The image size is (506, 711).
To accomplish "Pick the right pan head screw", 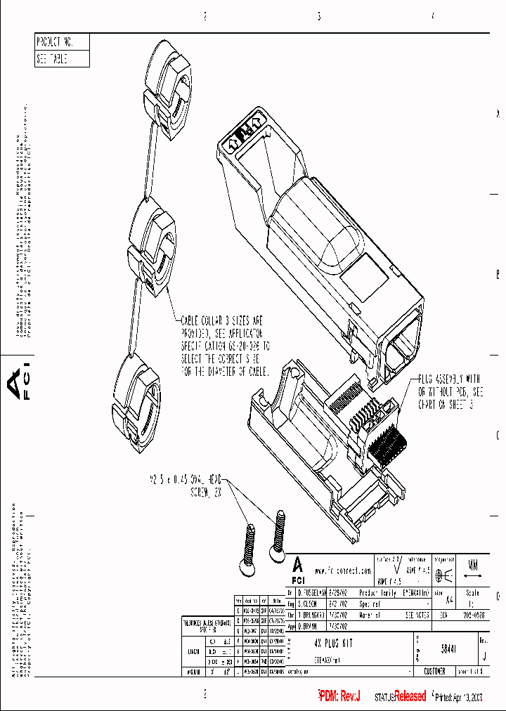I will (280, 531).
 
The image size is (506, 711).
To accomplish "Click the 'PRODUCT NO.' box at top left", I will (62, 41).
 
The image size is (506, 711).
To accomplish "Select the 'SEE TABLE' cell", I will (62, 59).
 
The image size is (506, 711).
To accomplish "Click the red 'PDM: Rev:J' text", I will (339, 696).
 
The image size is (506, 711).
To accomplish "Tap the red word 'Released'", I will (410, 696).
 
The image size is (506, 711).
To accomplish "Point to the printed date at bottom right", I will (460, 697).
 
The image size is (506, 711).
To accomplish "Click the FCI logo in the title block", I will (299, 570).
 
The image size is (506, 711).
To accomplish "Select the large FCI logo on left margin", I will (19, 383).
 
